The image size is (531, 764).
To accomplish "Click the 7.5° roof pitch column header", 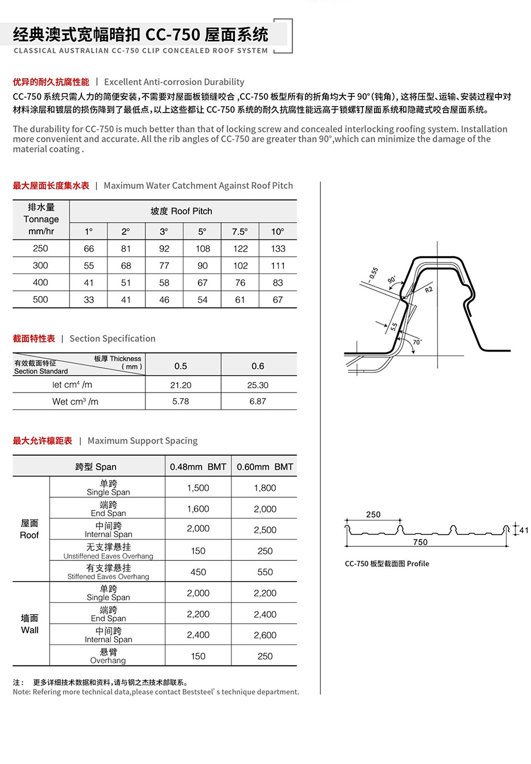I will (x=240, y=231).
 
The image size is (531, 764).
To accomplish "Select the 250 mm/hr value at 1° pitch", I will (x=89, y=249).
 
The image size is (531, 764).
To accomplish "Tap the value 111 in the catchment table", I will (x=278, y=265).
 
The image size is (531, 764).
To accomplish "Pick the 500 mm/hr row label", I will (x=40, y=299).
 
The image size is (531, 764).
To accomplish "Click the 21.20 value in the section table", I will (x=181, y=385).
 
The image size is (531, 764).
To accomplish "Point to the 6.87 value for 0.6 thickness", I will (x=257, y=401).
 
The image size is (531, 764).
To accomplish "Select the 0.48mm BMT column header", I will (x=198, y=467).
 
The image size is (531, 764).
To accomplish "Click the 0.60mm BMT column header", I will (x=265, y=467).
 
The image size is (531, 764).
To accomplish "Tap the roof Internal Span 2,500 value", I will (x=265, y=530).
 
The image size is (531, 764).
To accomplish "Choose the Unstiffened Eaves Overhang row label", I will (x=109, y=551).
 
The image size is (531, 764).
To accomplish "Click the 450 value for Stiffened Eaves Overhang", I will (x=198, y=572).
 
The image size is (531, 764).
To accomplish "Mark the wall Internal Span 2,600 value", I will (x=265, y=635).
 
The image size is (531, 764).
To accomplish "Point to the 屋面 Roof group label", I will (x=29, y=529).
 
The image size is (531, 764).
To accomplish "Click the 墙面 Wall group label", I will (x=29, y=624).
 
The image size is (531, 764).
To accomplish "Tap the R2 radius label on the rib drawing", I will (x=428, y=290).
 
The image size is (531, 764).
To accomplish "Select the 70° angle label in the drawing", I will (x=417, y=342).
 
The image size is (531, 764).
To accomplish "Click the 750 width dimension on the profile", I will (x=420, y=542).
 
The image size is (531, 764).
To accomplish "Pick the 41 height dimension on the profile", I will (x=523, y=530).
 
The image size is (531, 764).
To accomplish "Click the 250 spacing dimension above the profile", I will (x=373, y=514).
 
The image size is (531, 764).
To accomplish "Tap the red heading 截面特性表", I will (x=34, y=339).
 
